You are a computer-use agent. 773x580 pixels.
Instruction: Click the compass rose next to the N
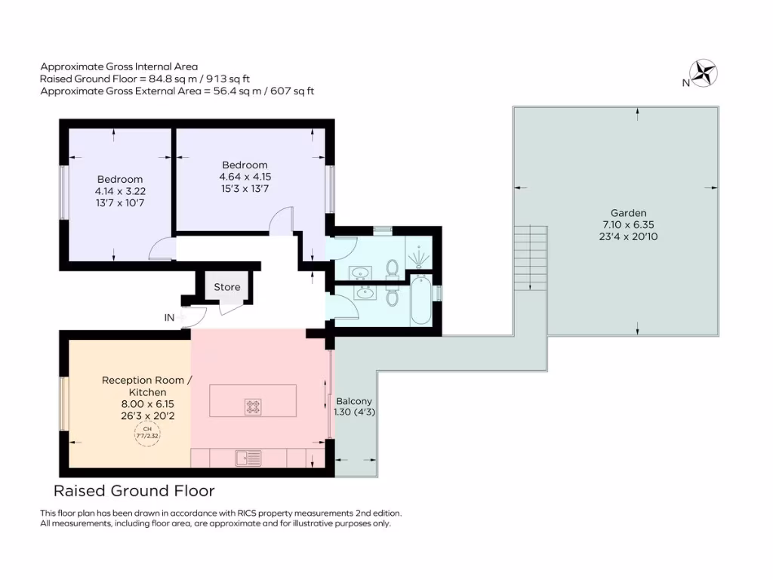click(x=706, y=73)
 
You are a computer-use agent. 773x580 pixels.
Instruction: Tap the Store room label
click(x=226, y=287)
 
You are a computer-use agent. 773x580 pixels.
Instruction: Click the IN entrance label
click(x=170, y=318)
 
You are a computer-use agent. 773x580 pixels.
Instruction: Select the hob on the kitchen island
click(x=253, y=406)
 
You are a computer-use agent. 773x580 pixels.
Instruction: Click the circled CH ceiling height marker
click(x=143, y=435)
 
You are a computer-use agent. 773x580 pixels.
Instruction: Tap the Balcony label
click(x=354, y=401)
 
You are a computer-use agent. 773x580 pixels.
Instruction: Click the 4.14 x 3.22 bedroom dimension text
click(x=119, y=191)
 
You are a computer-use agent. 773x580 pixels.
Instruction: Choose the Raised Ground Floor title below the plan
click(x=134, y=491)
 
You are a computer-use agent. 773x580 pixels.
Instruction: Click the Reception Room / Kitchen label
click(x=146, y=386)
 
